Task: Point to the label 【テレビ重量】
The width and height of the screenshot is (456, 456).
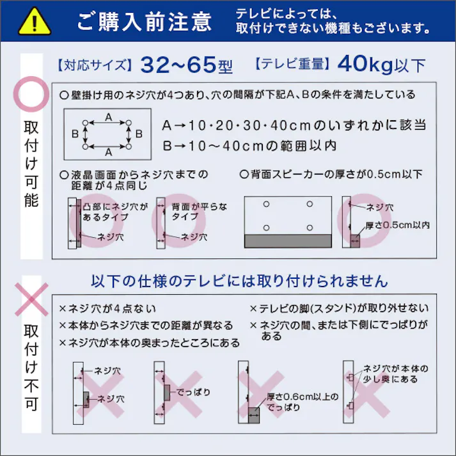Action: [291, 65]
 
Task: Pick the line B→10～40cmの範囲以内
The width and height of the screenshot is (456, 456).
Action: [249, 145]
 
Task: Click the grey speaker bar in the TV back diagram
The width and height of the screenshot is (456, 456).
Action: [288, 240]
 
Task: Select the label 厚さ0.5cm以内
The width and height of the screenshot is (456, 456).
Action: [397, 226]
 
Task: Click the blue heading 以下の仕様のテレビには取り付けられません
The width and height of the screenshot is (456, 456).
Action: [240, 281]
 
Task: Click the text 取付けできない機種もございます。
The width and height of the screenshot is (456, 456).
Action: [332, 28]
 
